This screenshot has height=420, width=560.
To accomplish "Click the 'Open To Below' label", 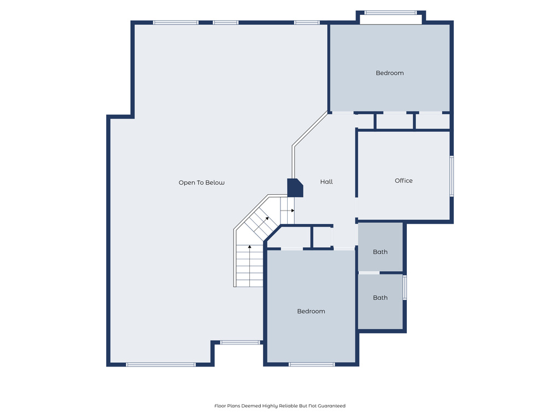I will tap(201, 183).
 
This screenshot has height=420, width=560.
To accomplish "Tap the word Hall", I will tap(326, 182).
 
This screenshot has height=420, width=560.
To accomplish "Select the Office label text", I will tap(404, 180).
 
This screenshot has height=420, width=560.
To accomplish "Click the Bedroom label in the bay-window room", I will tap(389, 73).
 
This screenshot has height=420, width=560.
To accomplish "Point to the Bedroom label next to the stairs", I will tap(311, 311).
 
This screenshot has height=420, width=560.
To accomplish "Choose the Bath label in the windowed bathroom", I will tap(380, 297).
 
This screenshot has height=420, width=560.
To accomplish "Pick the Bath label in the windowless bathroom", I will tap(380, 252).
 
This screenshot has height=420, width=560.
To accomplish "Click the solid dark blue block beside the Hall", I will tap(295, 188).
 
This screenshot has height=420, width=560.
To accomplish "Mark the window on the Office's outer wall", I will tap(452, 176).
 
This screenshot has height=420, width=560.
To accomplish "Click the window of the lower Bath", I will tap(405, 287).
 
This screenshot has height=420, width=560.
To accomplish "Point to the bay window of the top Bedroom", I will tap(390, 13).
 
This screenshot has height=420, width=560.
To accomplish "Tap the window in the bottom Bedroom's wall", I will tap(311, 364).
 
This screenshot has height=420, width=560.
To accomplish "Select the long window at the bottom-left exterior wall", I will tap(160, 364).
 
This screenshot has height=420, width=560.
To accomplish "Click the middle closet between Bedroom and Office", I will tap(394, 121).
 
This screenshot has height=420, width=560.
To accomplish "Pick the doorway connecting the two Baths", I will tap(369, 272).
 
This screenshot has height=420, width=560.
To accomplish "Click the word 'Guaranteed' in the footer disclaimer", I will tap(333, 406).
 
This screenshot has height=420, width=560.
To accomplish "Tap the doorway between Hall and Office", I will tap(357, 208).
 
